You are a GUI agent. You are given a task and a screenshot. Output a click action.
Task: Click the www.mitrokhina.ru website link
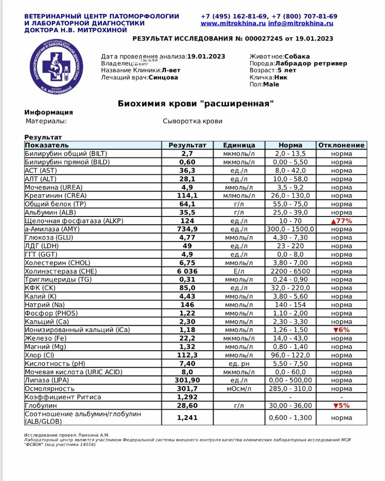233,23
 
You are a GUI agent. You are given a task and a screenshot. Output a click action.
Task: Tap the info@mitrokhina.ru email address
301,23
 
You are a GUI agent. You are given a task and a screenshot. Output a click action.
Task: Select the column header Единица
239,145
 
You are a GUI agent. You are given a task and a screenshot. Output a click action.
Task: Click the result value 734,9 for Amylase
187,229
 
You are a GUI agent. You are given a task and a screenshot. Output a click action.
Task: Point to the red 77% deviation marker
341,221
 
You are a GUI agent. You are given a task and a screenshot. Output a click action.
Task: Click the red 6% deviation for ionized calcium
341,330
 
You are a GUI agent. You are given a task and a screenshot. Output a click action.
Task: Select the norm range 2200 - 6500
290,271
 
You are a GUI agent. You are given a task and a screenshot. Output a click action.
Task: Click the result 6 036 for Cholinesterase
187,271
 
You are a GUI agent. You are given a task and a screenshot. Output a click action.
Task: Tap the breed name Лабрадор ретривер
311,63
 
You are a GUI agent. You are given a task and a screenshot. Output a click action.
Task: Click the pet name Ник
281,77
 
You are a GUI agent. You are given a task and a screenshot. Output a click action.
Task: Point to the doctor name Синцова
163,77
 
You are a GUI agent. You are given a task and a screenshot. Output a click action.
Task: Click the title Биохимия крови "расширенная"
196,103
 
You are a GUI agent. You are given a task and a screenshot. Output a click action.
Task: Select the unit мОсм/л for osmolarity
239,389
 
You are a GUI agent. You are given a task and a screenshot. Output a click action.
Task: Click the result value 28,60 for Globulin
187,405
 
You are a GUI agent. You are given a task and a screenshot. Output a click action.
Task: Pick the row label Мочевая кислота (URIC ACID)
73,372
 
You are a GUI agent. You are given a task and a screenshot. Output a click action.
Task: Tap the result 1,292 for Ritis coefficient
187,397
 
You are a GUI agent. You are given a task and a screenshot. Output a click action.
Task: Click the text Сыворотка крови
192,121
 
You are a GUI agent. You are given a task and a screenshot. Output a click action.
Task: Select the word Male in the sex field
271,84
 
